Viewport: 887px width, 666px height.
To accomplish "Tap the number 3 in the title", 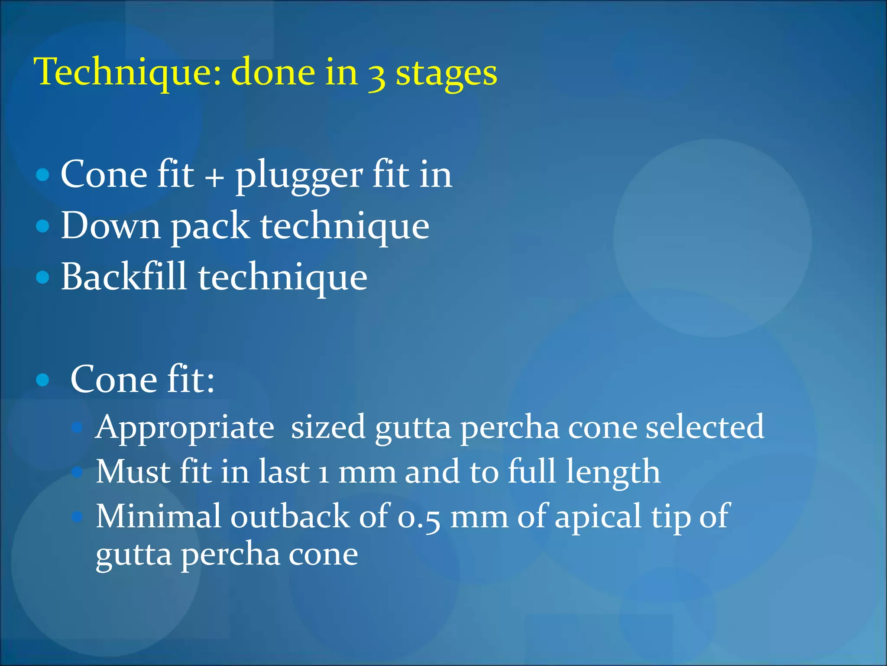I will [376, 76].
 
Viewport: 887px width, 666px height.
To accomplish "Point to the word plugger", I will [299, 176].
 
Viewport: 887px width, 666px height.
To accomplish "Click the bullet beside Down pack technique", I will [42, 226].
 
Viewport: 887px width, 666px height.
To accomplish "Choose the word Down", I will [110, 226].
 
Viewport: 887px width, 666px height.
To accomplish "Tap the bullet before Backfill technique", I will [42, 277].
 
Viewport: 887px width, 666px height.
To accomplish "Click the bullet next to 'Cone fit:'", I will [42, 380].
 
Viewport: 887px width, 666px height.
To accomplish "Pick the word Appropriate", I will [185, 428].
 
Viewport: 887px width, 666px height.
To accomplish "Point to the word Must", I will [133, 472].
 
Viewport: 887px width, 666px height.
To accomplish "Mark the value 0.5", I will [419, 518].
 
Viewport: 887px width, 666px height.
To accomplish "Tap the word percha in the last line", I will [230, 556].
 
